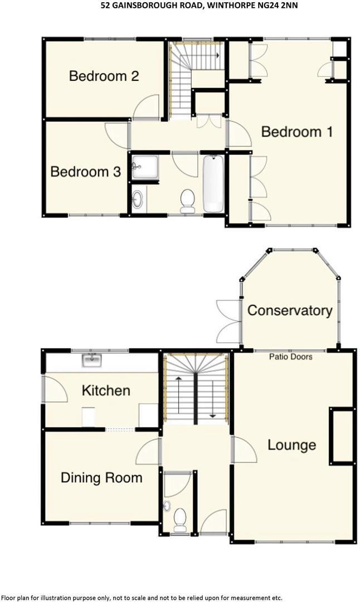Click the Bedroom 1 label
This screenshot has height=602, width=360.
pos(297,132)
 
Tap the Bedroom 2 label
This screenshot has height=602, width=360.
pos(104,76)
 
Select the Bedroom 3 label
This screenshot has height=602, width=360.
pos(85,172)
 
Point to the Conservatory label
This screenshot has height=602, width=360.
pos(290,310)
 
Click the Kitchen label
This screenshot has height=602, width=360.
pos(106,390)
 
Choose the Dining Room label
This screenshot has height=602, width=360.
pos(101,478)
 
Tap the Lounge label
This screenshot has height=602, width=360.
pos(291,445)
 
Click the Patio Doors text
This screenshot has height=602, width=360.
pos(290,357)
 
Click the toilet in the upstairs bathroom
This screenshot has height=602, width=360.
pos(188,201)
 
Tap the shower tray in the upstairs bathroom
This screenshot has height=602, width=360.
pos(144,167)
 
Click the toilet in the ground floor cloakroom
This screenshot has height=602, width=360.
pos(180,521)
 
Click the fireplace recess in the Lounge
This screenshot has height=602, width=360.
pos(342,436)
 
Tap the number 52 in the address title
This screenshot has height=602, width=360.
pos(101,6)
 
